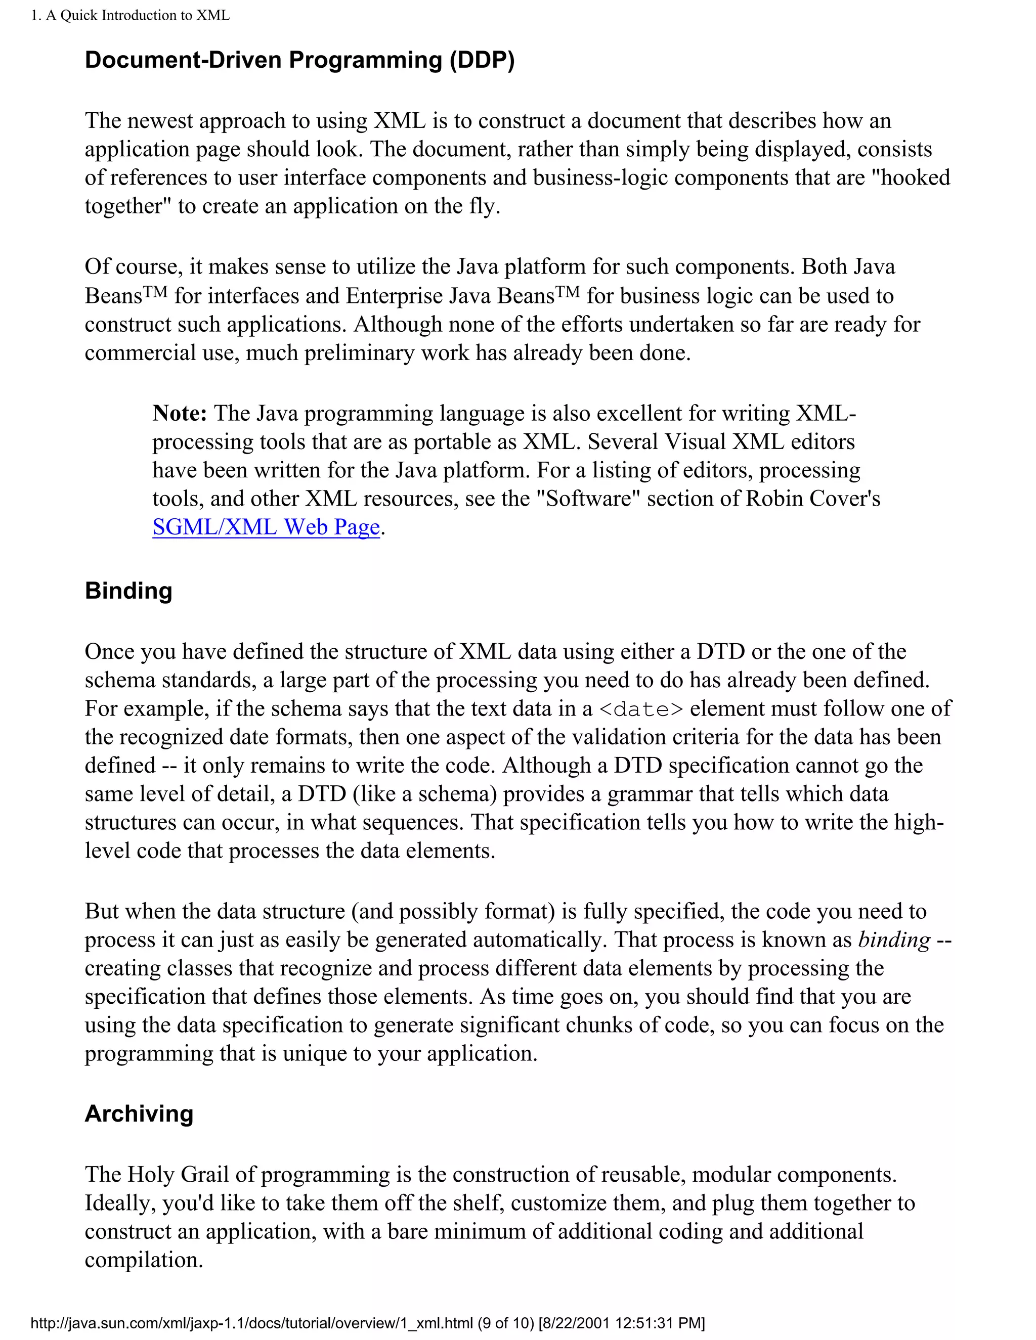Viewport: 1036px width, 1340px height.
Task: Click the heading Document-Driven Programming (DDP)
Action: coord(299,60)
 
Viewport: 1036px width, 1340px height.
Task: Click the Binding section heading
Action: coord(128,590)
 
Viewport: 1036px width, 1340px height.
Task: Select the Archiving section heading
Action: coord(139,1113)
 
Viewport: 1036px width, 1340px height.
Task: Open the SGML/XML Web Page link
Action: coord(266,527)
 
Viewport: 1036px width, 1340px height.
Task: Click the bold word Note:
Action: coord(180,413)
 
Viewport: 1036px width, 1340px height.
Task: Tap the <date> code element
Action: coord(640,709)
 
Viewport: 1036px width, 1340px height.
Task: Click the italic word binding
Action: coord(894,940)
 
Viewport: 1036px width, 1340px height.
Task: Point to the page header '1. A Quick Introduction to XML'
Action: coord(130,15)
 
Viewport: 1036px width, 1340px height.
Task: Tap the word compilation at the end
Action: coord(144,1260)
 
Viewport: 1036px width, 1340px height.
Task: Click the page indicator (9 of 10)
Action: coord(505,1322)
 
